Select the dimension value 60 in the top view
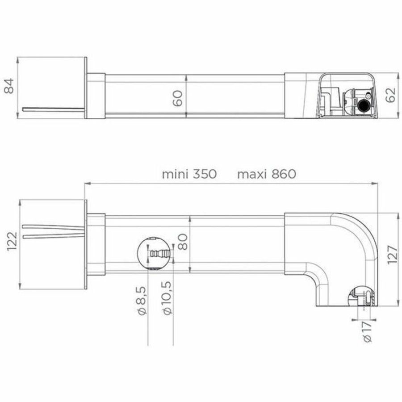(177, 97)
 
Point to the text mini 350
(189, 174)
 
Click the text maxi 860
(266, 174)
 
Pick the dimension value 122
(12, 243)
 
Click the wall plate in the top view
(85, 88)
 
